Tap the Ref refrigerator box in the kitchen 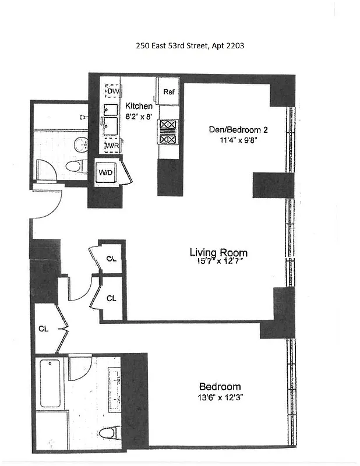coord(169,92)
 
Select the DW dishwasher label coord(113,91)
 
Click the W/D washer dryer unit coord(105,173)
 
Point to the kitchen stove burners coord(168,131)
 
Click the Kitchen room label coord(139,107)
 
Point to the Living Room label coord(218,252)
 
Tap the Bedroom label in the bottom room coord(220,387)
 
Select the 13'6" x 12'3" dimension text coord(220,398)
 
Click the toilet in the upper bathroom coord(73,167)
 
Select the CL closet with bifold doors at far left coord(44,329)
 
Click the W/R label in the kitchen coord(112,145)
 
